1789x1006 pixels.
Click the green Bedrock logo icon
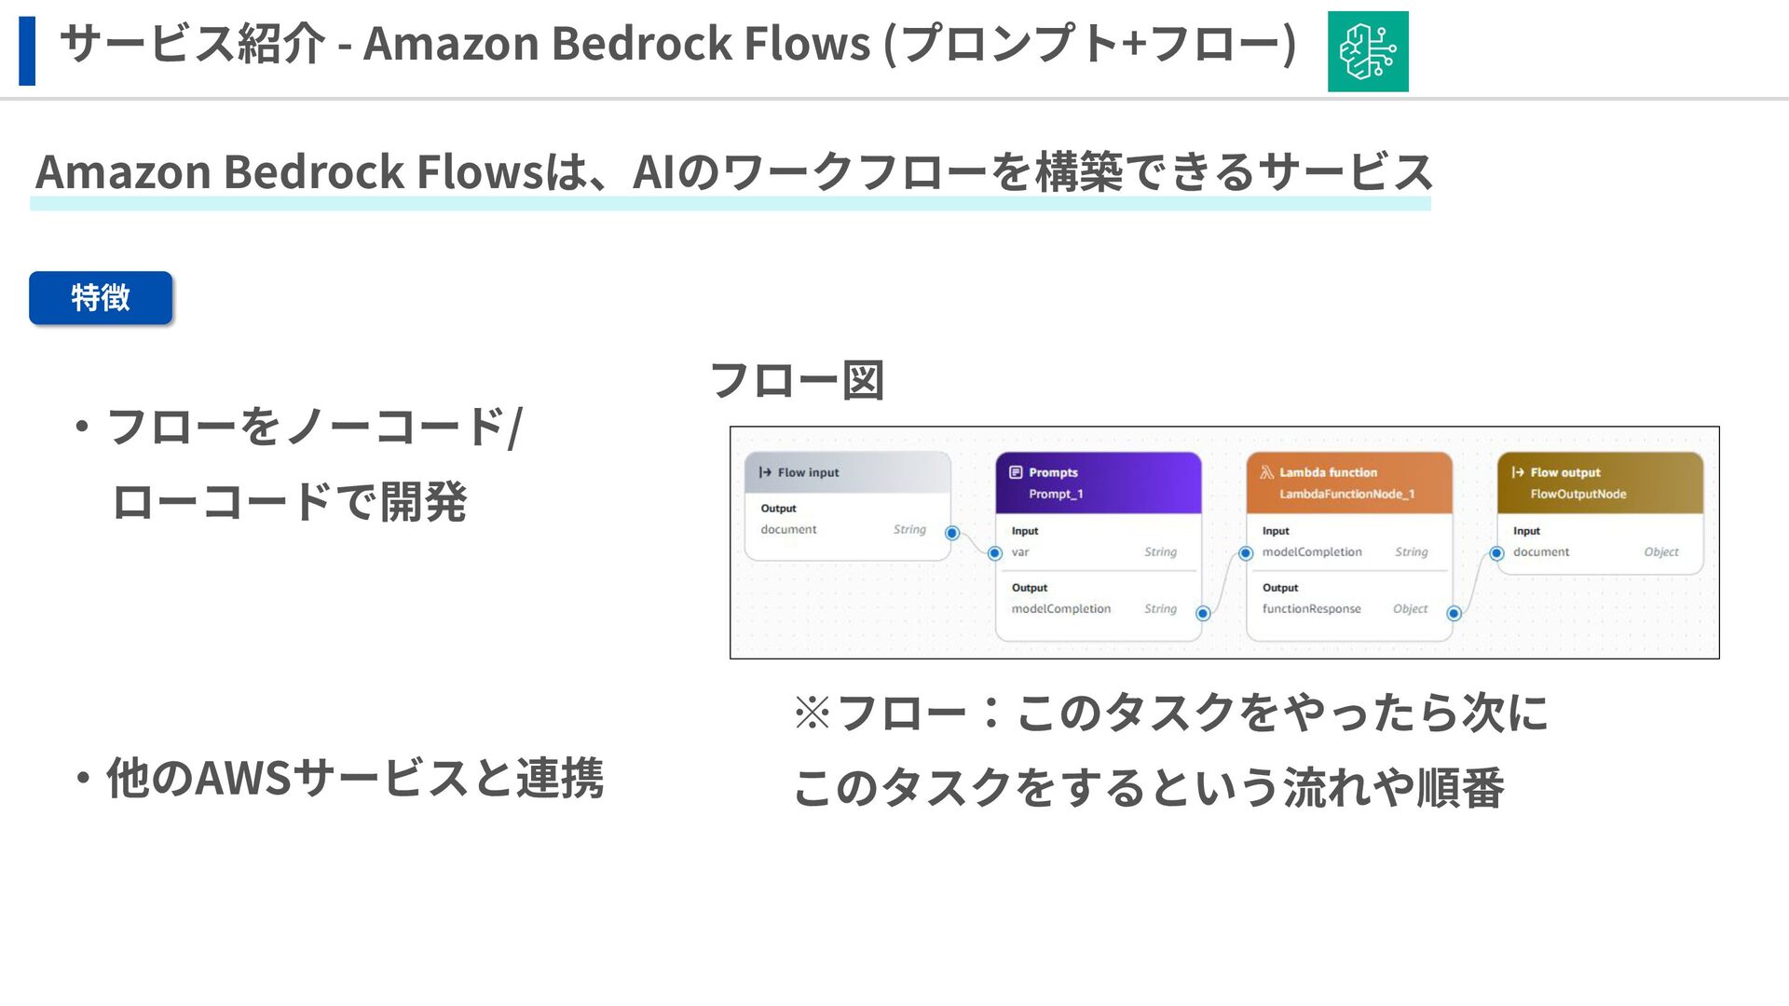click(1367, 51)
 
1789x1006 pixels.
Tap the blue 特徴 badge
click(101, 298)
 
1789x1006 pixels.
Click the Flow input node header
click(847, 472)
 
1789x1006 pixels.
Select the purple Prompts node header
click(1098, 482)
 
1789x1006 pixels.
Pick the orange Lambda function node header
click(1348, 482)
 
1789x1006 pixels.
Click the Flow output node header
click(1599, 482)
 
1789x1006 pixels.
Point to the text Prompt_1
click(1056, 494)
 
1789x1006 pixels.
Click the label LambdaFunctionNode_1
click(1346, 494)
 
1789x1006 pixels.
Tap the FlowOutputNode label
click(1577, 494)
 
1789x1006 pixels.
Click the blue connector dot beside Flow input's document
click(951, 533)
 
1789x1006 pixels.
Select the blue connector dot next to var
click(995, 553)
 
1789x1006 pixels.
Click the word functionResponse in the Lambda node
click(1311, 609)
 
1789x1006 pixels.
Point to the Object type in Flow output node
click(1660, 552)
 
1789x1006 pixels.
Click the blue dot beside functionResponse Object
click(1454, 613)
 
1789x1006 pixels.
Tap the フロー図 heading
click(797, 380)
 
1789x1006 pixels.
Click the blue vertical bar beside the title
click(27, 51)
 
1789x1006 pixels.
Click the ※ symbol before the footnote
click(812, 713)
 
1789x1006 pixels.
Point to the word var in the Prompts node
click(1020, 552)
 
